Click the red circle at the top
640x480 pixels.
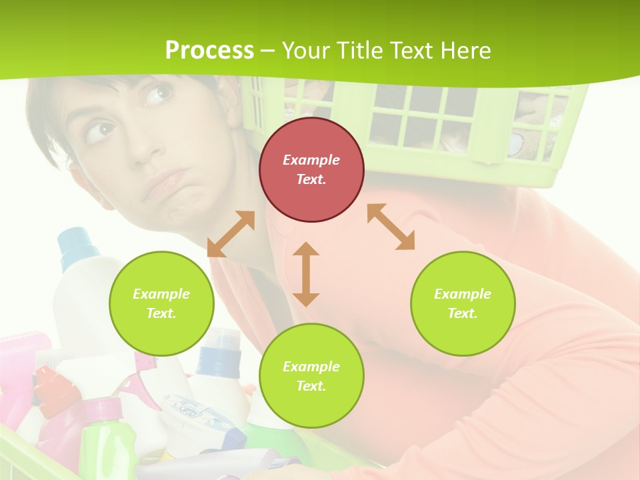[x=311, y=169]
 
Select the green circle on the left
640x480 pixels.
[x=161, y=303]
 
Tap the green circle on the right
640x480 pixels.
[x=463, y=303]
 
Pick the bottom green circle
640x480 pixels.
[x=311, y=376]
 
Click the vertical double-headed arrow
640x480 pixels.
[x=306, y=274]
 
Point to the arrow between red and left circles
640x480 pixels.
[x=231, y=234]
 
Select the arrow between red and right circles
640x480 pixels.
[x=391, y=227]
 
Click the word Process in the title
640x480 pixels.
[x=209, y=50]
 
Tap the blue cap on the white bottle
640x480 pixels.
[x=79, y=244]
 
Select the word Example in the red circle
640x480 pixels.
[x=311, y=160]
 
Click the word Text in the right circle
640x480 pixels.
[x=462, y=313]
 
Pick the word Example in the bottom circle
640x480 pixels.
[x=311, y=367]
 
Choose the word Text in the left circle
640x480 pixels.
[x=161, y=313]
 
